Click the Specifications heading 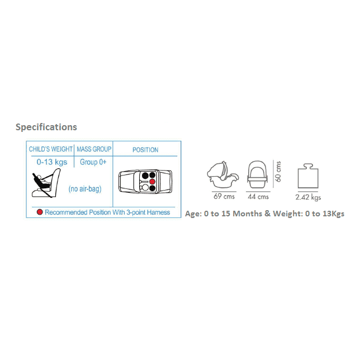click(x=46, y=127)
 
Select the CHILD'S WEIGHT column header click(x=51, y=149)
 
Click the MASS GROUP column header click(x=94, y=149)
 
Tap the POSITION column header click(x=145, y=150)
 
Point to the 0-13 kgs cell click(x=52, y=162)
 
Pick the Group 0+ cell click(x=93, y=162)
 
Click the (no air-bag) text click(x=85, y=189)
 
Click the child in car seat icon click(x=46, y=183)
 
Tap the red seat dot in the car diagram click(x=152, y=182)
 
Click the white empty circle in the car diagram click(x=145, y=188)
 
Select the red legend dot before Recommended click(x=40, y=212)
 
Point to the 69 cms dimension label click(x=224, y=196)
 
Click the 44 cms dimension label click(x=258, y=197)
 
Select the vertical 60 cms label click(x=278, y=172)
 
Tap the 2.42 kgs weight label click(x=308, y=197)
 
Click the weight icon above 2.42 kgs click(x=308, y=176)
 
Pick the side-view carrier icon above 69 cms click(x=223, y=174)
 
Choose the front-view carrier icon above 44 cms click(x=258, y=174)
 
